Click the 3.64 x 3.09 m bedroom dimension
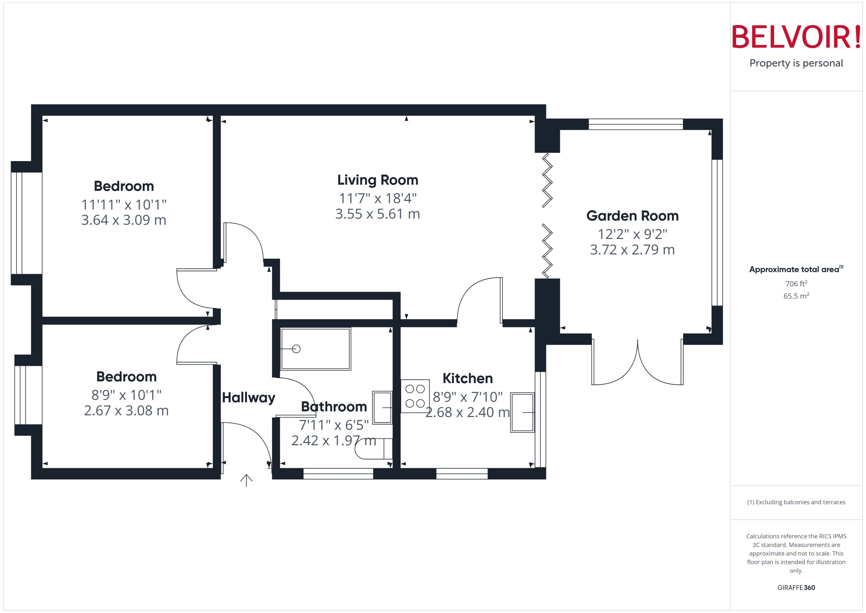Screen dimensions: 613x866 click(124, 220)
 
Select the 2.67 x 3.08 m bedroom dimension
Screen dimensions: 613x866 click(126, 411)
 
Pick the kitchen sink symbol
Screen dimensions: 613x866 click(522, 412)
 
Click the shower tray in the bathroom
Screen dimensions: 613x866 click(315, 349)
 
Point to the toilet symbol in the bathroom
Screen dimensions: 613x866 click(374, 449)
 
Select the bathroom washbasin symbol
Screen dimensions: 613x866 click(382, 408)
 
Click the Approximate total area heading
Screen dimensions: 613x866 click(794, 270)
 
